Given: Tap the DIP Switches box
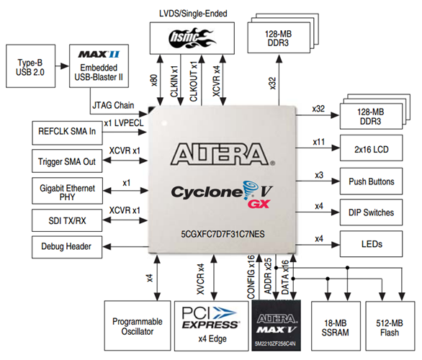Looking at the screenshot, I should pos(371,213).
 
